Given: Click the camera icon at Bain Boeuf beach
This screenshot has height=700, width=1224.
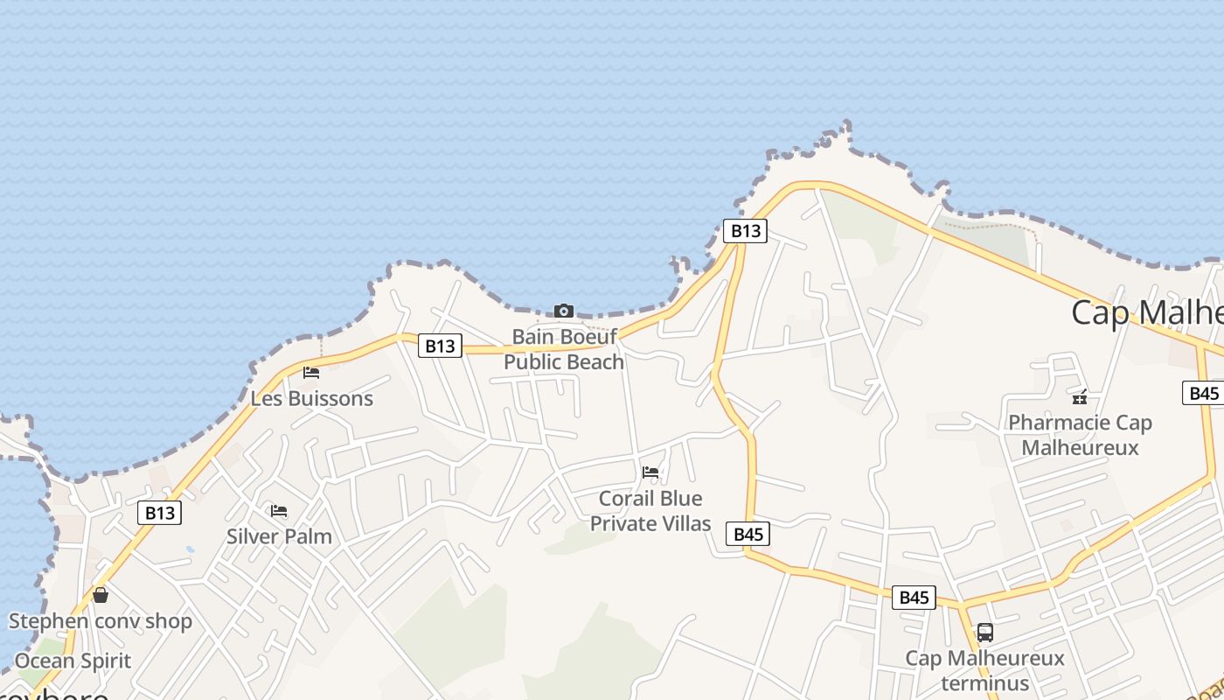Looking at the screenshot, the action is click(564, 311).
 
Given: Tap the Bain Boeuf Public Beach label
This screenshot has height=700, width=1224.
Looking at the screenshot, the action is click(564, 349).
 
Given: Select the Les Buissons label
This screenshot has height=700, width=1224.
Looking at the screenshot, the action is click(312, 399).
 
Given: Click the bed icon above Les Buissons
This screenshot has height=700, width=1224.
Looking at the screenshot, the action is click(311, 372).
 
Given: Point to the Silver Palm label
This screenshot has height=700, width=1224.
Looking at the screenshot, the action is click(279, 536).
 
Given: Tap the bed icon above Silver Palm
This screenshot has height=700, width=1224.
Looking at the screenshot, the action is click(279, 510).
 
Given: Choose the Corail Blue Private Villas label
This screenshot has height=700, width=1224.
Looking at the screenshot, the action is click(650, 511).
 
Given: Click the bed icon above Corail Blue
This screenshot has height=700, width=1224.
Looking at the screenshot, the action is click(650, 472).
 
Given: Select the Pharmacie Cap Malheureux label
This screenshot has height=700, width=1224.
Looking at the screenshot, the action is click(1080, 435).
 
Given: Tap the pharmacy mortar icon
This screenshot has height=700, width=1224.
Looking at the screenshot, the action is click(1080, 396).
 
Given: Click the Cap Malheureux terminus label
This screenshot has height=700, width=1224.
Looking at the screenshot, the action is click(984, 669).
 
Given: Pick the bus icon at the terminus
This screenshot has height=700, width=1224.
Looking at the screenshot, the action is click(985, 632).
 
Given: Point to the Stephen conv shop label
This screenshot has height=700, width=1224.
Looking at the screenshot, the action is click(101, 621).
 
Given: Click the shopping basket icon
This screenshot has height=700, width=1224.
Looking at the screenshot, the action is click(101, 595).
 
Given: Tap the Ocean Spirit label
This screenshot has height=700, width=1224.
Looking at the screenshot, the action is click(73, 661).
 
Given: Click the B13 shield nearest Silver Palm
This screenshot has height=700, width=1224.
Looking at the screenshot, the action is click(160, 513).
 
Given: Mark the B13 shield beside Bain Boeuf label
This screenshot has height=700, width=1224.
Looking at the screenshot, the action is click(440, 346).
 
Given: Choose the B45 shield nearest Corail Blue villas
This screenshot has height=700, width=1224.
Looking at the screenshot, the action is click(748, 535).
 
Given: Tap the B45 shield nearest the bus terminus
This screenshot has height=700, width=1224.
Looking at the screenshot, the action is click(914, 598).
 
